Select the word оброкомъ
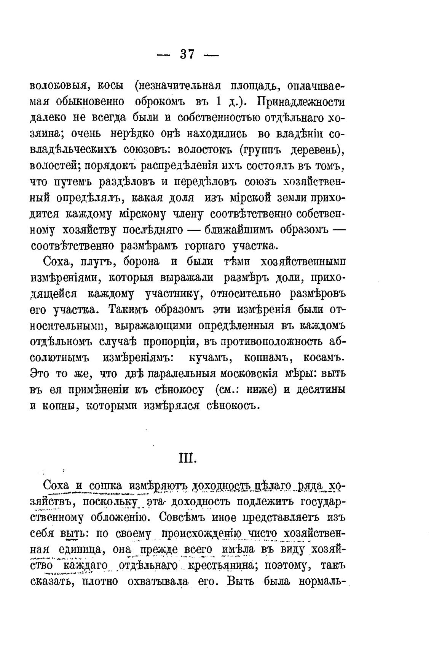[160, 102]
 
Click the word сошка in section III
[105, 486]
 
